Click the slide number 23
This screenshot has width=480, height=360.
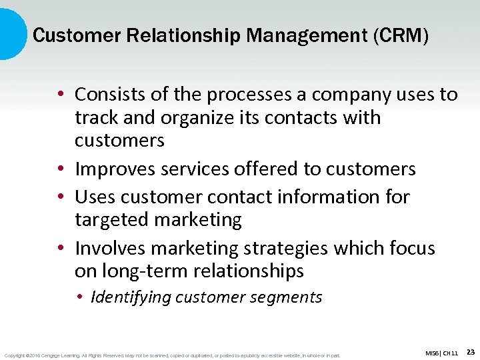pyautogui.click(x=470, y=351)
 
